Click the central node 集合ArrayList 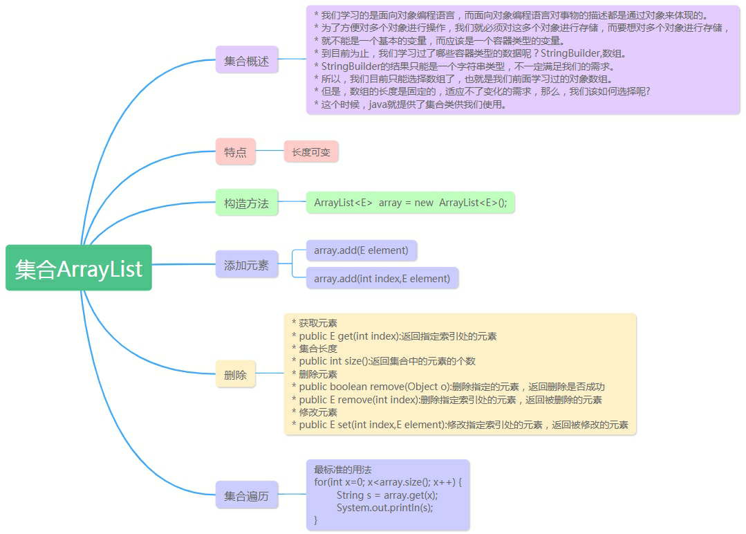(x=78, y=268)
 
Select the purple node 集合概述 (x=246, y=60)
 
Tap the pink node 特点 (x=235, y=151)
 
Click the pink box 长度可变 (x=310, y=151)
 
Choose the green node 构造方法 (x=246, y=203)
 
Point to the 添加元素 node (x=246, y=265)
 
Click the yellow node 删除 (x=235, y=375)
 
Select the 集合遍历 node (x=246, y=495)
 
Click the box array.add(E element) (x=361, y=250)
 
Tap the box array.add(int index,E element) (x=382, y=278)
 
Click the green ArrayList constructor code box (x=410, y=203)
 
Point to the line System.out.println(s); (x=384, y=507)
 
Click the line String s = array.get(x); (x=386, y=495)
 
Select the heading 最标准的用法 (x=343, y=469)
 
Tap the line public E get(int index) (x=398, y=336)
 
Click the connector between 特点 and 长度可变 (x=270, y=151)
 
